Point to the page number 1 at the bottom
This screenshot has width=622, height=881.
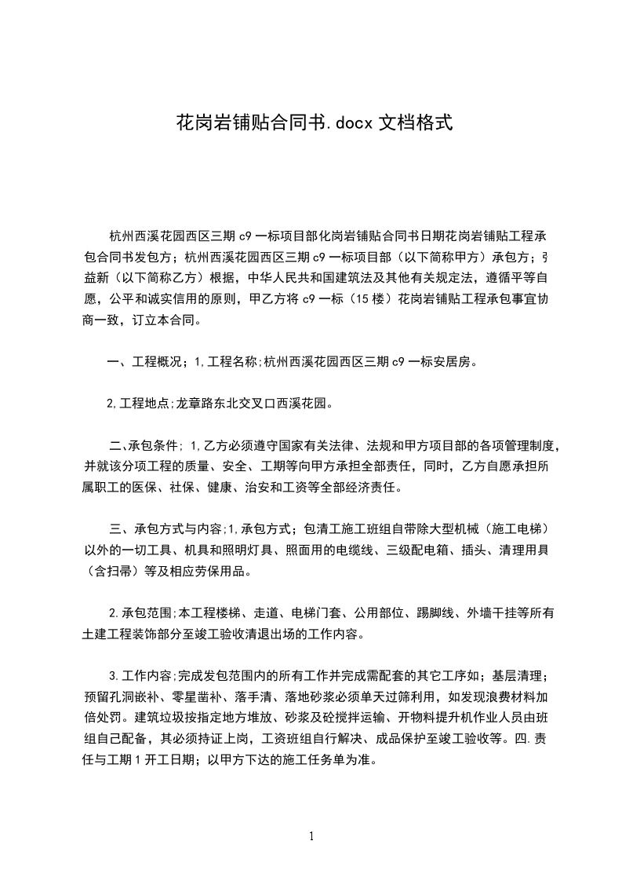click(x=311, y=835)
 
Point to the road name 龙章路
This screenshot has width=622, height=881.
click(x=195, y=404)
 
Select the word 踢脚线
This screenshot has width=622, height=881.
click(x=435, y=612)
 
